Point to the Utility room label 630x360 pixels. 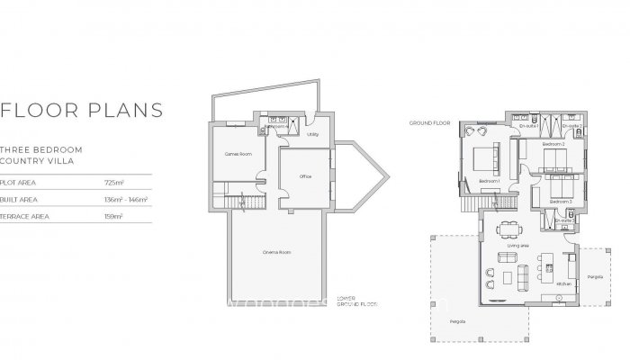(x=312, y=135)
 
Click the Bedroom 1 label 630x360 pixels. (x=489, y=182)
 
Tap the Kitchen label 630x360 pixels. (x=564, y=283)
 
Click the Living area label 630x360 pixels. (x=518, y=245)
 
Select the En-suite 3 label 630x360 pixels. (x=563, y=220)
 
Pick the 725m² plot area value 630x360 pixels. (x=112, y=183)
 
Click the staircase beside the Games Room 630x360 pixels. (x=238, y=206)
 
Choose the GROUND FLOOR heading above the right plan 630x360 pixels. (x=428, y=121)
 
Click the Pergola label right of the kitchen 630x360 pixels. (x=594, y=276)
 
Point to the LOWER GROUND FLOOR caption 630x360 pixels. (x=355, y=301)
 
